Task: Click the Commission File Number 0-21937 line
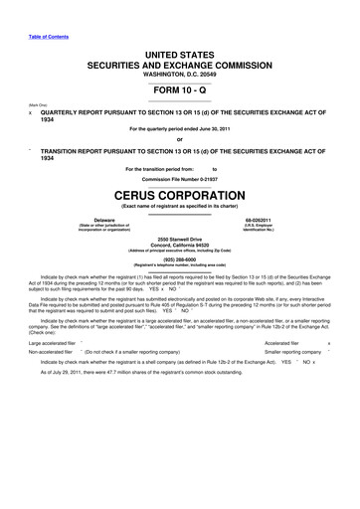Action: click(180, 178)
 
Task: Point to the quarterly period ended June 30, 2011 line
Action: click(180, 130)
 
